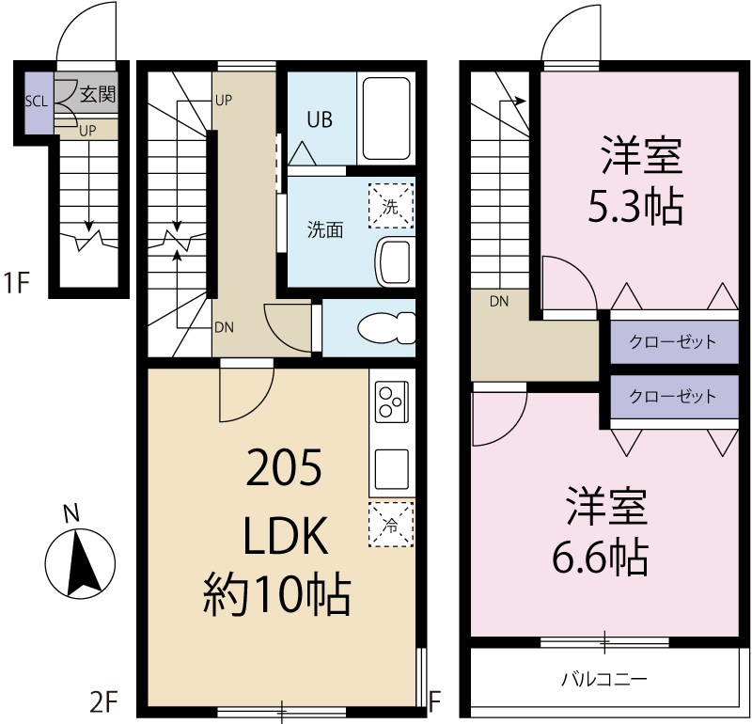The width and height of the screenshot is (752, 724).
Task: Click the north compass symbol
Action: coord(80,563)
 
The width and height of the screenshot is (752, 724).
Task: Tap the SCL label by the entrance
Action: coord(36,102)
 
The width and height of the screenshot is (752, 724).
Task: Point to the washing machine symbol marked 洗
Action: coord(390,206)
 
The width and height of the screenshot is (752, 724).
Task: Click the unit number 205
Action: coord(284,467)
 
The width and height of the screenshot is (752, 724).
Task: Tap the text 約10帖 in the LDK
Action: coord(277,594)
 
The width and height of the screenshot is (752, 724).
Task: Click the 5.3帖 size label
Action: coord(634,207)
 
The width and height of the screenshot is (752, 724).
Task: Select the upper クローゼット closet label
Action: coord(672,341)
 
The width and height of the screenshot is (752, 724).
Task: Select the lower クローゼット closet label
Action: coord(672,397)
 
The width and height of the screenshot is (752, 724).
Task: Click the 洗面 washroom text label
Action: coord(325,229)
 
